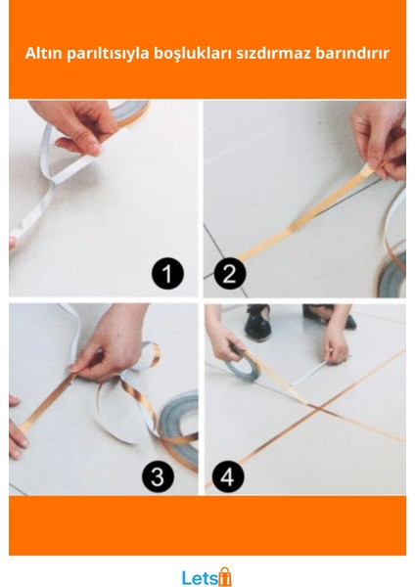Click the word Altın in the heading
[44, 53]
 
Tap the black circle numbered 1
[167, 273]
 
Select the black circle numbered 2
[230, 273]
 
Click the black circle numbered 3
[158, 476]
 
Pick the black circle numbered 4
[228, 476]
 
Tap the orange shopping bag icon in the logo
[225, 576]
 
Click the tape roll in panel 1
[131, 113]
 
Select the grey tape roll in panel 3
[180, 423]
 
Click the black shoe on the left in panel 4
[257, 323]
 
